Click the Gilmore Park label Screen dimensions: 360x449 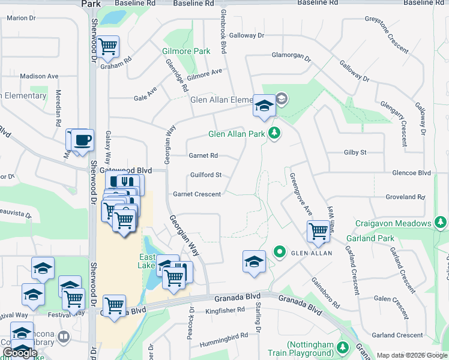186,52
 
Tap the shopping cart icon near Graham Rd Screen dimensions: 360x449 108,46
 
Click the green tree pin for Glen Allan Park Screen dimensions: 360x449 274,132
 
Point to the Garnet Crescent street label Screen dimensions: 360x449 197,194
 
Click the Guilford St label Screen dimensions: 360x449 206,175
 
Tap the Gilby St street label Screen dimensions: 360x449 355,153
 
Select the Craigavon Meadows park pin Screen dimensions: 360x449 441,223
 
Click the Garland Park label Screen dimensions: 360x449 374,238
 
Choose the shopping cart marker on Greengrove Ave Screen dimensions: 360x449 318,231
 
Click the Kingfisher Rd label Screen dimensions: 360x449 225,310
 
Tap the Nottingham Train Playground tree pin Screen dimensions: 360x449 343,348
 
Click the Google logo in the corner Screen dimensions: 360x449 20,353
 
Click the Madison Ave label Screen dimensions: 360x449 39,76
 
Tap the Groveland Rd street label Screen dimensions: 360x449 405,197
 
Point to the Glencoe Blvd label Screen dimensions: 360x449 411,173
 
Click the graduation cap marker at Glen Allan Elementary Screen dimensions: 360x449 263,106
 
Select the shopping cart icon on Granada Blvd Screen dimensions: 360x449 113,305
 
